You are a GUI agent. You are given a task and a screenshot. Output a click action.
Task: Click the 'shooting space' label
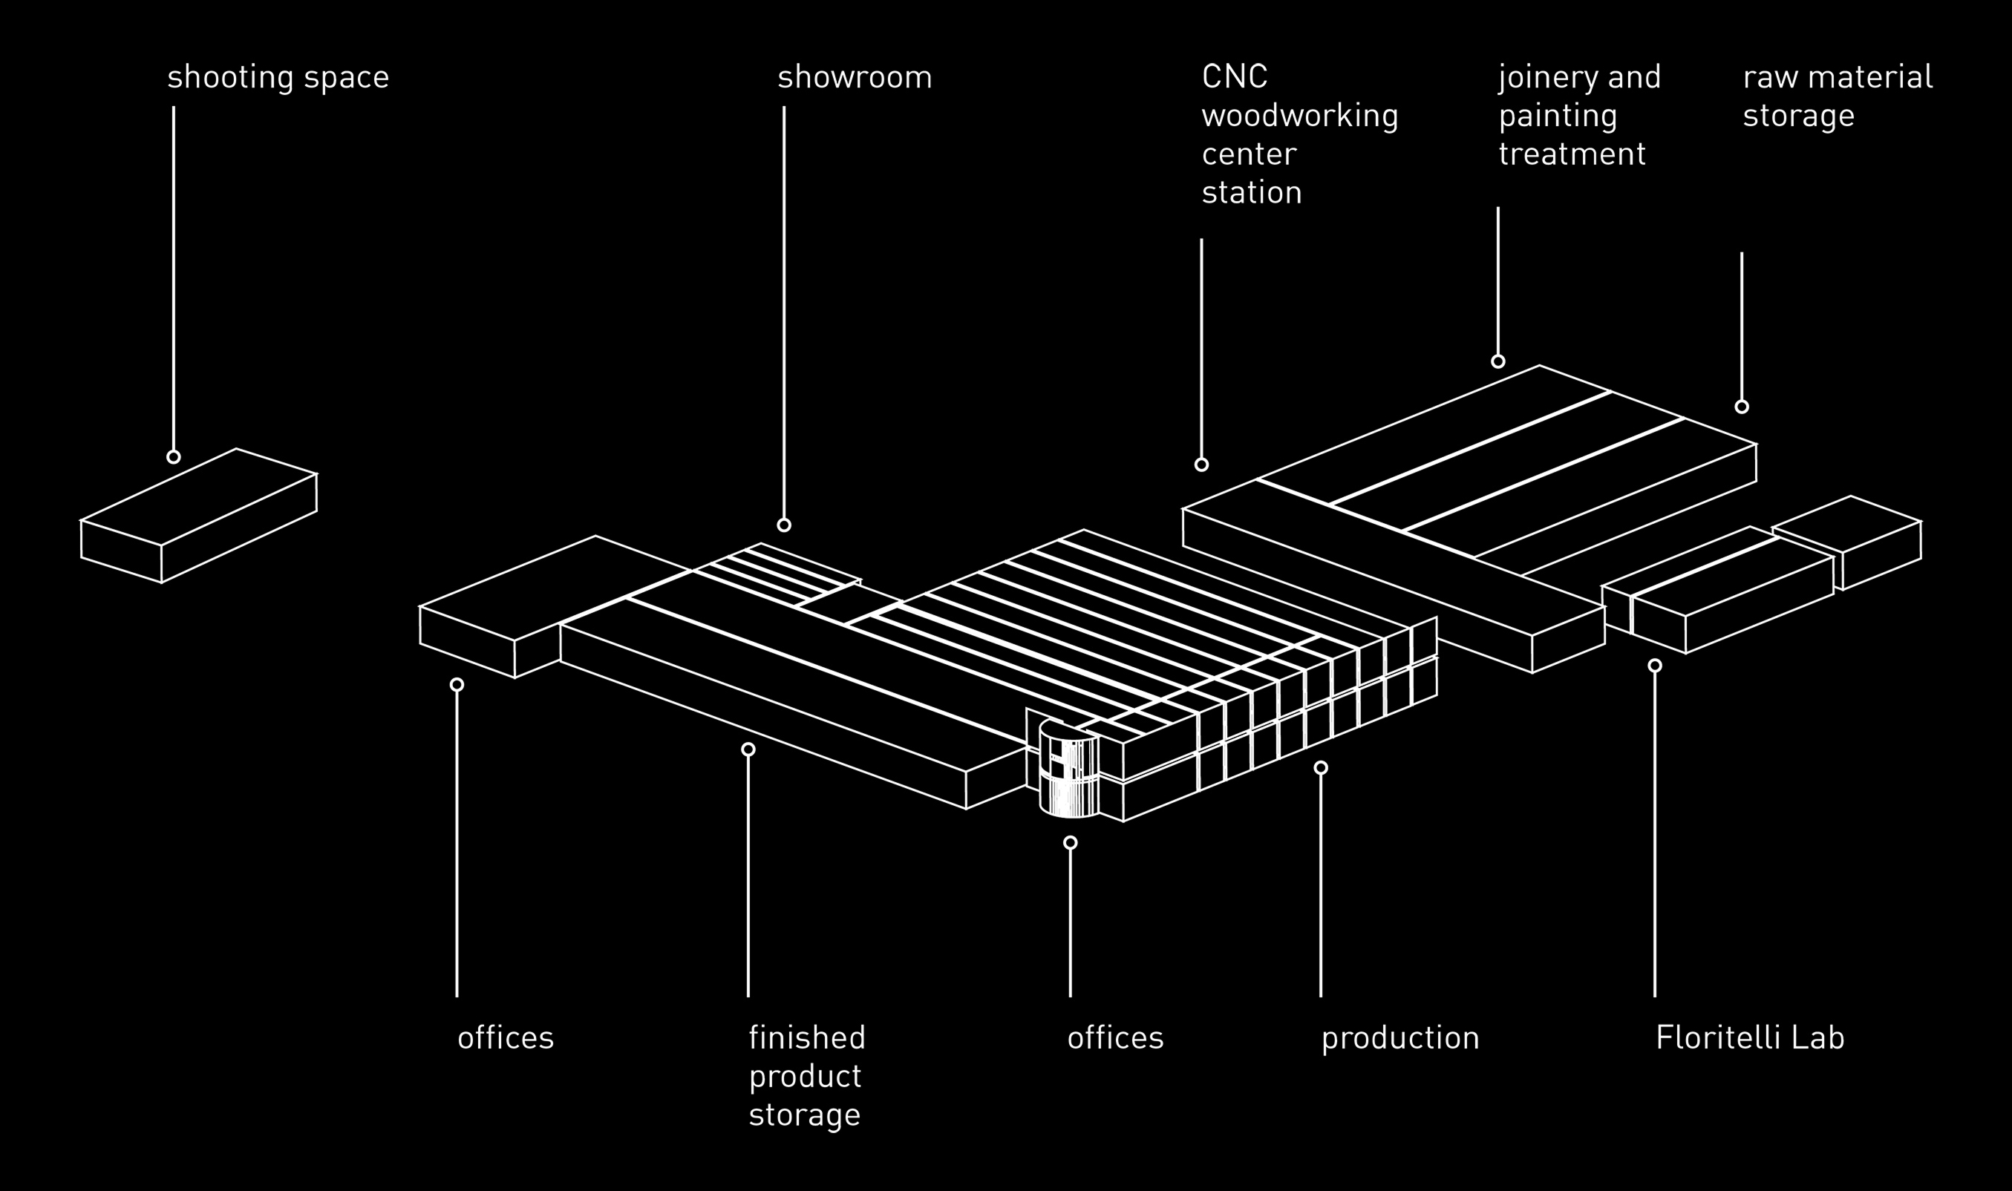278,78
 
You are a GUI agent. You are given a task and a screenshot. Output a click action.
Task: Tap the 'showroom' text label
855,78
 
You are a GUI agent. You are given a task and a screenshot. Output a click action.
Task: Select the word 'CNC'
1234,77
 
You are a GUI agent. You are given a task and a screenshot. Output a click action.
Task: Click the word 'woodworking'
1299,117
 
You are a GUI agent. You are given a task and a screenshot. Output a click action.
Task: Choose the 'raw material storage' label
1837,96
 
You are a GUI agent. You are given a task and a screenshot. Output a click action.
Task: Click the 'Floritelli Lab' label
1749,1037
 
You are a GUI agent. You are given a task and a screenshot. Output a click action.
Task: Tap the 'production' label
1399,1037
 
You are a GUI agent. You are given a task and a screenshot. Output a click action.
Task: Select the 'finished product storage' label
807,1075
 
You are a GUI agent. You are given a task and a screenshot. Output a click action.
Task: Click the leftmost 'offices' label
506,1037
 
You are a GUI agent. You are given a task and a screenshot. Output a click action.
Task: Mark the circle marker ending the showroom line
783,525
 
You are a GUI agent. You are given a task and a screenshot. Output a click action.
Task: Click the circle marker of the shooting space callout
174,456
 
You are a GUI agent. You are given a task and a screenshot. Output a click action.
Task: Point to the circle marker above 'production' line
1321,768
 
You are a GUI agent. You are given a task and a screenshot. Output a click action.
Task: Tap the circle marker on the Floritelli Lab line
1655,666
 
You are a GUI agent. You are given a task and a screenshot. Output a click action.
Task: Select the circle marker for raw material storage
1742,407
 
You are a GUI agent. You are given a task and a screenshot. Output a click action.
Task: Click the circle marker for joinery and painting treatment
1498,361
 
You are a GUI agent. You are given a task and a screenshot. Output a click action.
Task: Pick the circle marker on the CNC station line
1201,465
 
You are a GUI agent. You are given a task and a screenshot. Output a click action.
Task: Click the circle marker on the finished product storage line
748,749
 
